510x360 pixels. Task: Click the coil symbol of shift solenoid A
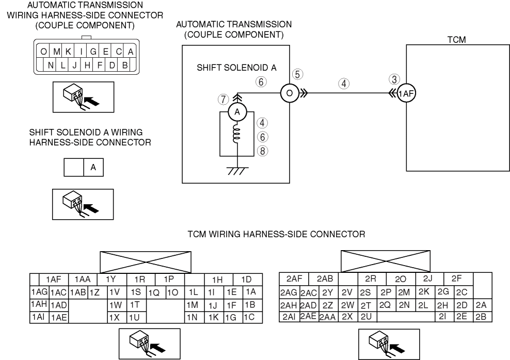tap(236, 135)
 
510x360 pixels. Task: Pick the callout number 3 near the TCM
tap(394, 79)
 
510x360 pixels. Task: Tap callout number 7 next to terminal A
tap(222, 98)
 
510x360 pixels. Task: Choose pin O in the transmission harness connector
tap(43, 52)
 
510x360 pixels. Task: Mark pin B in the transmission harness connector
tap(124, 66)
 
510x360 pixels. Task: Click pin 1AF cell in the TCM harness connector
tap(54, 279)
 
